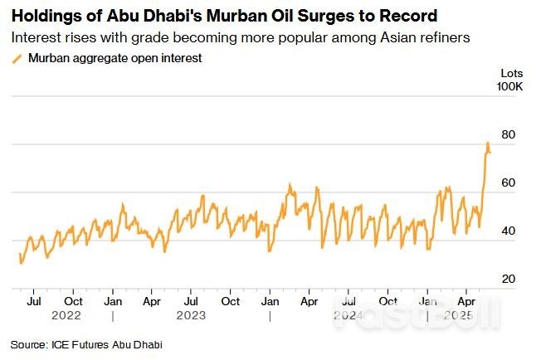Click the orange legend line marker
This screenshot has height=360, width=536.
[17, 58]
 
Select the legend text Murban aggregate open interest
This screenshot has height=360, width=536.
[115, 58]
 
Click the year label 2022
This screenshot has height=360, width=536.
[66, 316]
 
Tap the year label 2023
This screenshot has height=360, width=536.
[191, 316]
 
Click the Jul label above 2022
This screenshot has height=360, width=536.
[34, 302]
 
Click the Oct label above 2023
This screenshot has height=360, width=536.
[230, 302]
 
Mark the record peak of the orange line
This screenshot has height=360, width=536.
[487, 143]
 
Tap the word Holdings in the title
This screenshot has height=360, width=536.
[42, 16]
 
